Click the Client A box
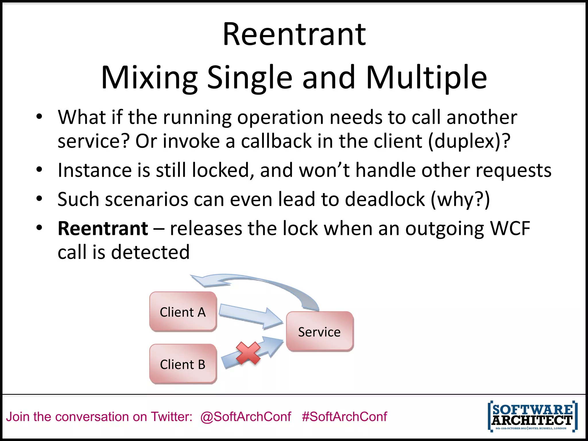pos(183,312)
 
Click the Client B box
pos(183,364)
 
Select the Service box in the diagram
pos(320,332)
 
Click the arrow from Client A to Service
pos(250,317)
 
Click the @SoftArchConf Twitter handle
pos(245,417)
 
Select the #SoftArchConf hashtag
pos(344,417)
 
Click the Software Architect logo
pos(532,416)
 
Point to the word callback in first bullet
pos(276,141)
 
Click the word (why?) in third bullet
pos(460,199)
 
